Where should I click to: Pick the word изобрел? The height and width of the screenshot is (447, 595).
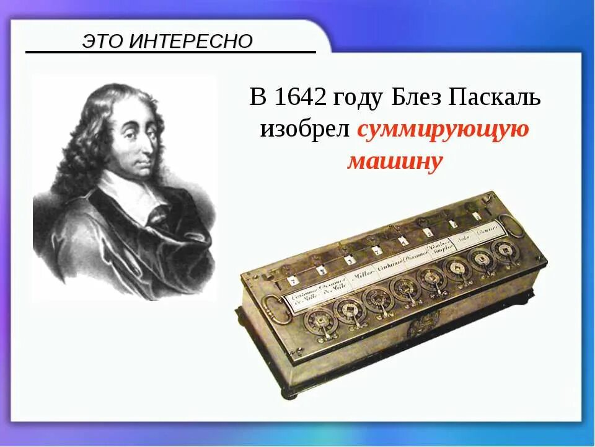[x=305, y=129]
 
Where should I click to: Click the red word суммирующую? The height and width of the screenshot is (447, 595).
[x=443, y=129]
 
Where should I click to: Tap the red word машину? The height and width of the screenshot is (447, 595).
[x=395, y=161]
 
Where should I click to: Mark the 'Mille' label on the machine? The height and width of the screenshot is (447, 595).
[x=362, y=273]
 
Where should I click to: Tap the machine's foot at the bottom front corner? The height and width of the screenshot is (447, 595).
[x=290, y=392]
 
